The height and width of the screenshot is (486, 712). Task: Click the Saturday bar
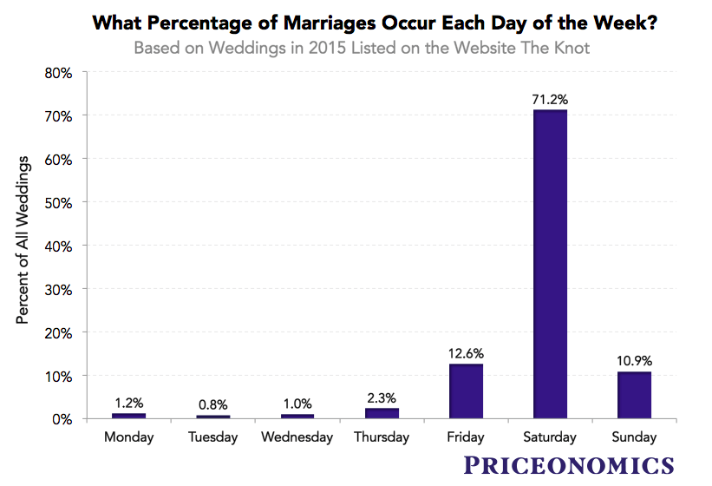click(549, 265)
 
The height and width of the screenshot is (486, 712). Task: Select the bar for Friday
click(466, 391)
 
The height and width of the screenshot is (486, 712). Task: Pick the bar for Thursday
click(382, 413)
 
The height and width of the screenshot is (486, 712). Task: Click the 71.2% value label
click(549, 99)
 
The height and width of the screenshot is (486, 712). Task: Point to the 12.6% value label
click(466, 353)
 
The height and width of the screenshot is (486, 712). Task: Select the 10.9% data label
click(633, 360)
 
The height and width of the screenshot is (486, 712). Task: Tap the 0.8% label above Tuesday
click(213, 404)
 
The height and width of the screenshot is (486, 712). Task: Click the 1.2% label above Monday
click(129, 402)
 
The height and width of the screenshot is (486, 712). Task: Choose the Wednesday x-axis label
click(297, 437)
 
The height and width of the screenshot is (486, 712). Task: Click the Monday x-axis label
click(129, 437)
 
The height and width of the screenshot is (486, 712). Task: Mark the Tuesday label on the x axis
click(213, 437)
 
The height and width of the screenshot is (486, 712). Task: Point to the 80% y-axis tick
click(58, 72)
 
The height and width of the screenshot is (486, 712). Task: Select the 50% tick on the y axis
click(58, 202)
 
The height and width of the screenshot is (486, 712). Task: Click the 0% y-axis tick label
click(62, 419)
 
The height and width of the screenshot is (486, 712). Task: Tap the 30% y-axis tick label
click(58, 289)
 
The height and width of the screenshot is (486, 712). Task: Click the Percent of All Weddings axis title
click(23, 241)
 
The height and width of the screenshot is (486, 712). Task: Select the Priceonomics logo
click(568, 464)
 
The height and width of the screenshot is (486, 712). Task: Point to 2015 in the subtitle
click(339, 48)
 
